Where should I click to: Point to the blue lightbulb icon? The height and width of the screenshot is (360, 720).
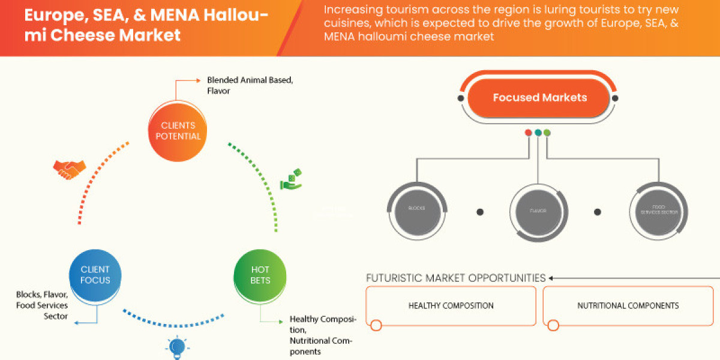click(177, 347)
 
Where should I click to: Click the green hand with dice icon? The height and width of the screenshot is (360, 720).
click(292, 181)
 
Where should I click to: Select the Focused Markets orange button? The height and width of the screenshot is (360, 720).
click(539, 97)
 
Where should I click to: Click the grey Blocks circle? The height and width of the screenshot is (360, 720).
click(417, 209)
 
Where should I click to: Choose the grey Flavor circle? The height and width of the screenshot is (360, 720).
click(538, 211)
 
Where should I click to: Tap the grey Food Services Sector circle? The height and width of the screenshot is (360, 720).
click(660, 210)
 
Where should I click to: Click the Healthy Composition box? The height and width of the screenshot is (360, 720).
click(451, 305)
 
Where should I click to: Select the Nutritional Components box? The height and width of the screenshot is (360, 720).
click(628, 305)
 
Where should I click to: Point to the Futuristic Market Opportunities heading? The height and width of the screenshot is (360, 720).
click(456, 278)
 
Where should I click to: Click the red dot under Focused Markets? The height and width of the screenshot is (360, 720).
click(528, 133)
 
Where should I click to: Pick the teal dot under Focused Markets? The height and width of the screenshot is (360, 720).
click(538, 133)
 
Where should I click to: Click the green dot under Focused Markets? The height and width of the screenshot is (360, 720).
click(547, 133)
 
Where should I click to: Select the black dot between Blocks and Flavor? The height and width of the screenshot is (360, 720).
click(479, 211)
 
